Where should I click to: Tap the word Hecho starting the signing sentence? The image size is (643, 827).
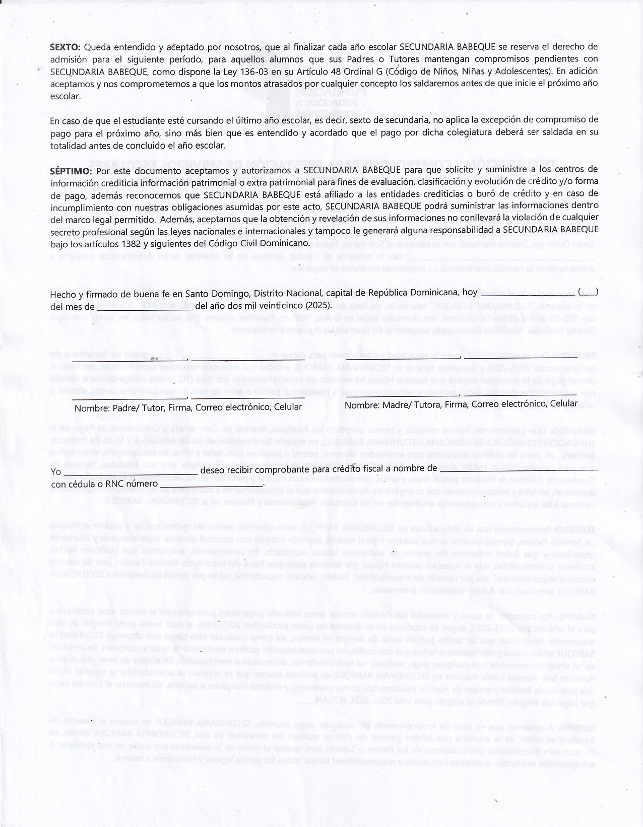point(61,294)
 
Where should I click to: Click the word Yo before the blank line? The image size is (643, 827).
point(55,471)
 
